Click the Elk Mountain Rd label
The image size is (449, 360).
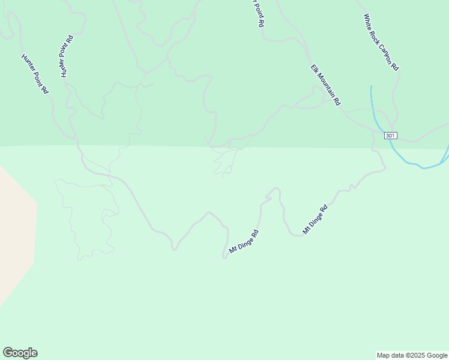click(325, 85)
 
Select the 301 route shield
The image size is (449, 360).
click(390, 136)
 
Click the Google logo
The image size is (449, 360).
click(20, 353)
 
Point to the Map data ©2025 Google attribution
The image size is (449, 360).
click(412, 355)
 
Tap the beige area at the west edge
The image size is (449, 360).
click(15, 234)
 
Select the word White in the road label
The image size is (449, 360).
click(367, 23)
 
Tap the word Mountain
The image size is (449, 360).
click(326, 86)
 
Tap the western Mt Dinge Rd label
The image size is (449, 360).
click(244, 242)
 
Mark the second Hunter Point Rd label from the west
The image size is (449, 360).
click(66, 56)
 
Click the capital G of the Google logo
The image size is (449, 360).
click(8, 353)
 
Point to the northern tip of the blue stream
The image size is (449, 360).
click(371, 86)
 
